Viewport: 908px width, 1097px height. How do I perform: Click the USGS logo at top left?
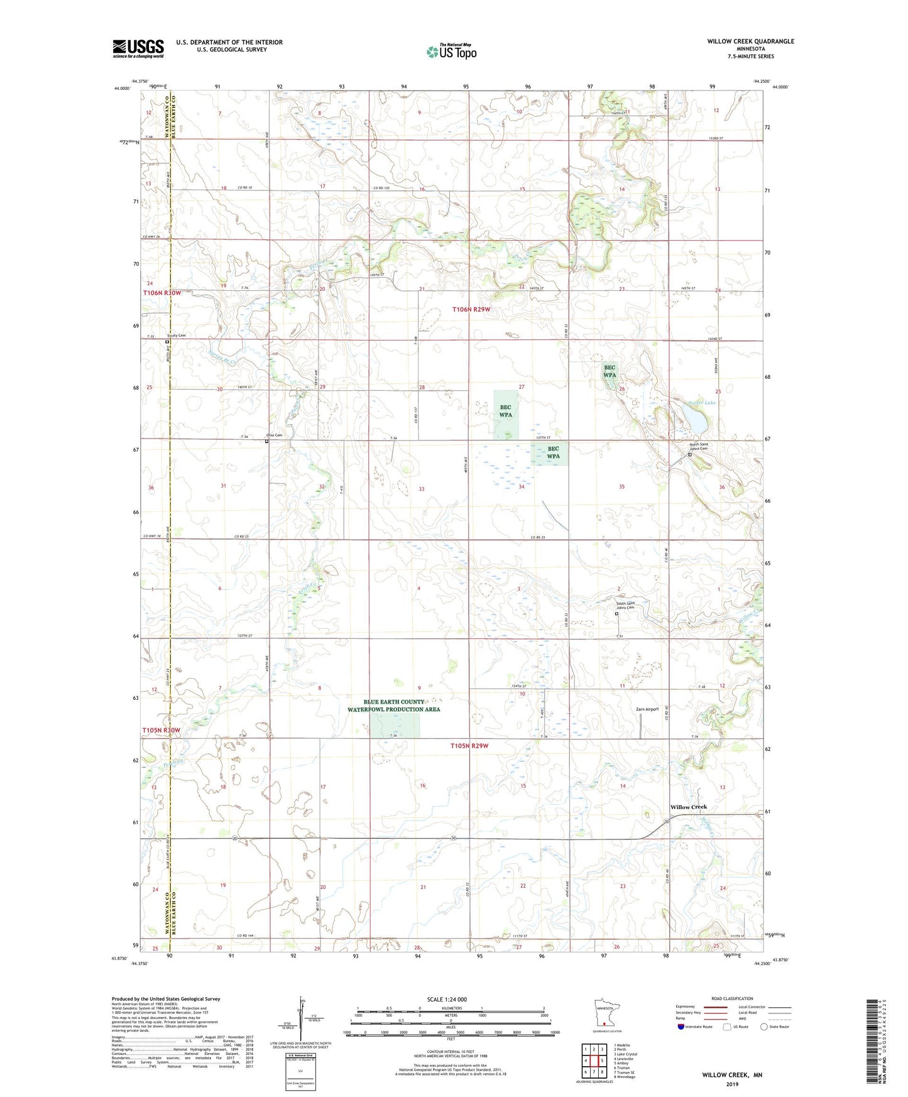pyautogui.click(x=138, y=48)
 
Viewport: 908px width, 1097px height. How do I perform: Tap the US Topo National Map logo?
pyautogui.click(x=451, y=52)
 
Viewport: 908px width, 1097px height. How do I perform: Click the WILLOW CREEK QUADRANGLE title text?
pyautogui.click(x=750, y=41)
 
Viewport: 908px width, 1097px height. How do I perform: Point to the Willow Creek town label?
pyautogui.click(x=688, y=807)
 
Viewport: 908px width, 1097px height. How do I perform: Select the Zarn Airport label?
pyautogui.click(x=647, y=709)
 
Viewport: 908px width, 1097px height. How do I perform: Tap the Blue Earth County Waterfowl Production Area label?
pyautogui.click(x=394, y=706)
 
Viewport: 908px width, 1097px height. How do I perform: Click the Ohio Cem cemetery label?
pyautogui.click(x=274, y=435)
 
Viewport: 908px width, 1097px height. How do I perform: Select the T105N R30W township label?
pyautogui.click(x=161, y=730)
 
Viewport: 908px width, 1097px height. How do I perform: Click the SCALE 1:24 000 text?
pyautogui.click(x=447, y=1000)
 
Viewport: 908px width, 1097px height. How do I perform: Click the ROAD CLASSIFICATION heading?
pyautogui.click(x=731, y=998)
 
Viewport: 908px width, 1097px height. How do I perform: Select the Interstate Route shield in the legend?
pyautogui.click(x=681, y=1027)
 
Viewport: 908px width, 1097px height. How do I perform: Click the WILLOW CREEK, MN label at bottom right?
pyautogui.click(x=732, y=1075)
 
